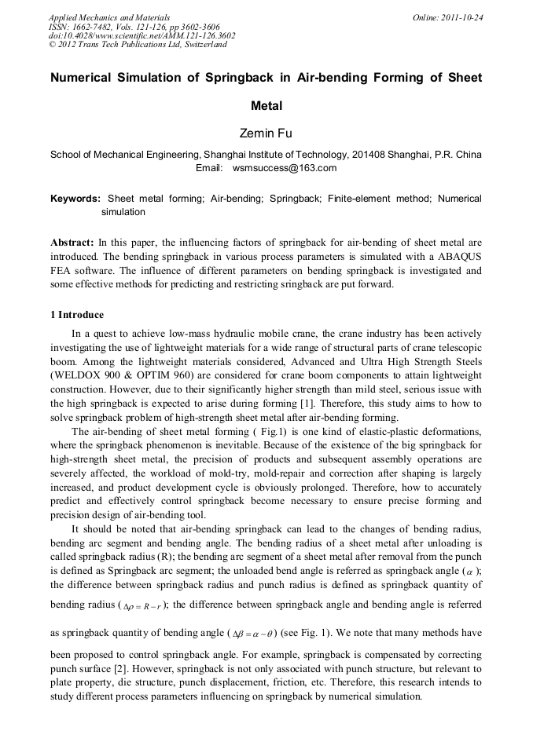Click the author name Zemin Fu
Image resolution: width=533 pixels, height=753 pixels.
[x=266, y=133]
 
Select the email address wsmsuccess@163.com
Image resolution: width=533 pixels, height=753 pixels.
[x=285, y=168]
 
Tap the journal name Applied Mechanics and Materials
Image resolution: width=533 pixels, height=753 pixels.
[x=108, y=16]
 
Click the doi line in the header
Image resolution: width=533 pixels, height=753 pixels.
[x=142, y=35]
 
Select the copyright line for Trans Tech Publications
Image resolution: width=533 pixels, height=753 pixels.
[x=138, y=45]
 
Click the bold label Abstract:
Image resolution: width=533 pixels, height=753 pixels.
[x=72, y=243]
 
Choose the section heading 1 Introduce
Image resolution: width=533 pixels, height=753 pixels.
[x=77, y=315]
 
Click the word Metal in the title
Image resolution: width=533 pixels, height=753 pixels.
[x=266, y=105]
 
